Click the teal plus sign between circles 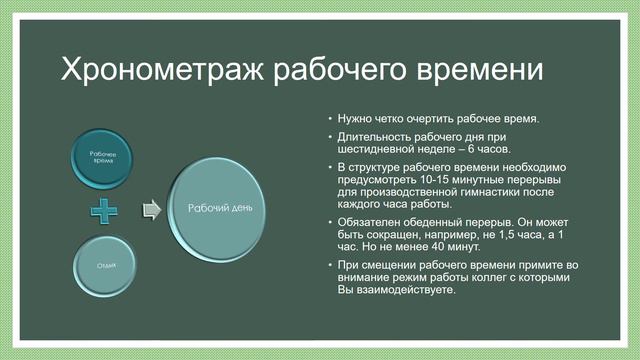click(x=105, y=211)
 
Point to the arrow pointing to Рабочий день click(x=151, y=209)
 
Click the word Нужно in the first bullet click(x=355, y=118)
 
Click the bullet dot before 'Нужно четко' click(x=330, y=118)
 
